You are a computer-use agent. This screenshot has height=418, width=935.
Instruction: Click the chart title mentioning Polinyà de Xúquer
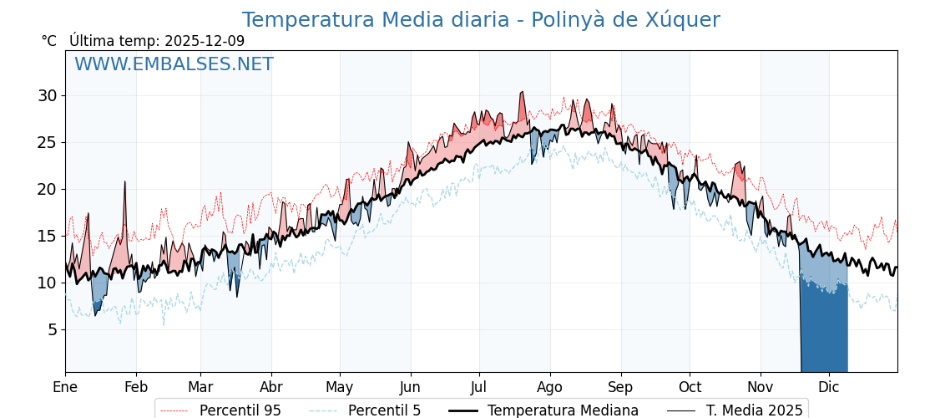pos(481,20)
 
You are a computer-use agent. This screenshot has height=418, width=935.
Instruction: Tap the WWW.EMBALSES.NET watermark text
pos(174,64)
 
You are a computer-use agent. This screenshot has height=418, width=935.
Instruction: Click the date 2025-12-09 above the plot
pos(205,41)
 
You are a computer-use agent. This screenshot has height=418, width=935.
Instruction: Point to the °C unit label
pos(48,41)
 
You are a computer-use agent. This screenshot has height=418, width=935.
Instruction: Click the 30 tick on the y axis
pos(47,95)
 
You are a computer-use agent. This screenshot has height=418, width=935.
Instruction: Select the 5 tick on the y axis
pos(52,329)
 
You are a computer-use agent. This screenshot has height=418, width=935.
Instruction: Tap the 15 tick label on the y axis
pos(47,236)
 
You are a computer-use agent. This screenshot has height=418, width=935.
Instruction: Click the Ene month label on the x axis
pos(65,387)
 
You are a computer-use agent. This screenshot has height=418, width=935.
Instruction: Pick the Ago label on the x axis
pos(549,387)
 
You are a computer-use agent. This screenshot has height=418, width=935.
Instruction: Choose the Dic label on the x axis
pos(829,387)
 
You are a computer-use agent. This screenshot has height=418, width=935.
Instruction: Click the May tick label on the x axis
pos(340,387)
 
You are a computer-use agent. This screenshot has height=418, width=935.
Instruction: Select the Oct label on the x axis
pos(690,387)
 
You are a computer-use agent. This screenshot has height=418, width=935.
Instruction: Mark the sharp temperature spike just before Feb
pos(125,182)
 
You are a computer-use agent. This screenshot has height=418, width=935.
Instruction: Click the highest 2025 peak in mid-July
pos(523,93)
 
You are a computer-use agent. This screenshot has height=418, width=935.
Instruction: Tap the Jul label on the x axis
pos(479,387)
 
